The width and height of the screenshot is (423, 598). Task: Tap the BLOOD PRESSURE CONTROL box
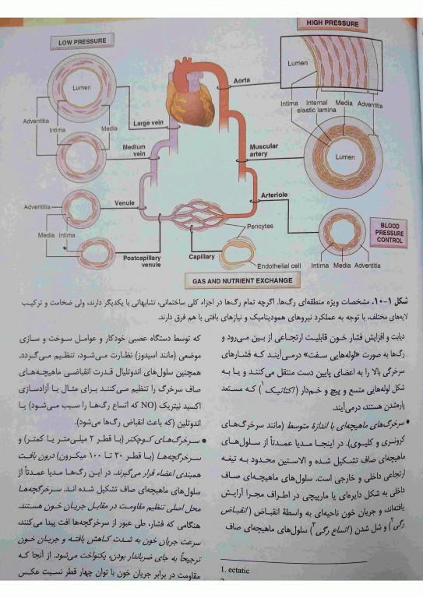coord(390,231)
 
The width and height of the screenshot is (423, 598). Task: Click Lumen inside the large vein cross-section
coord(82,88)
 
